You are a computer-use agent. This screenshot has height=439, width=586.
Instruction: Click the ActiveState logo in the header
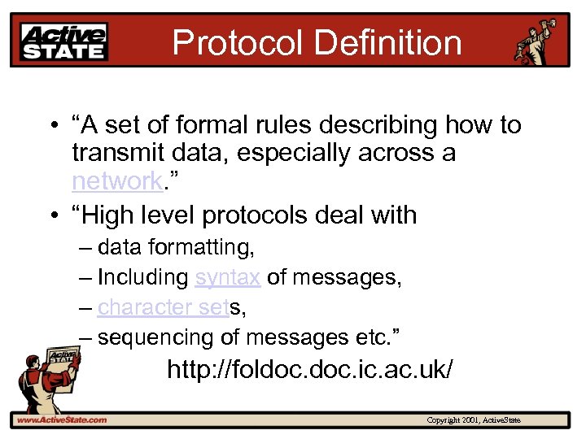(x=63, y=41)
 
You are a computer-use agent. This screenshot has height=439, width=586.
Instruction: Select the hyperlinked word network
(x=116, y=180)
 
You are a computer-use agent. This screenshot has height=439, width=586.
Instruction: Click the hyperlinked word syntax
(x=227, y=277)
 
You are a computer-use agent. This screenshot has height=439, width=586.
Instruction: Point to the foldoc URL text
(x=309, y=371)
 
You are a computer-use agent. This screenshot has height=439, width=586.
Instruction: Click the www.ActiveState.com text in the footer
(x=61, y=420)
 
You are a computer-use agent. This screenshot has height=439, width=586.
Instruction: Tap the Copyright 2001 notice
(x=473, y=420)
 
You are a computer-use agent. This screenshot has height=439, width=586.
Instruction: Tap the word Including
(x=142, y=277)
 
